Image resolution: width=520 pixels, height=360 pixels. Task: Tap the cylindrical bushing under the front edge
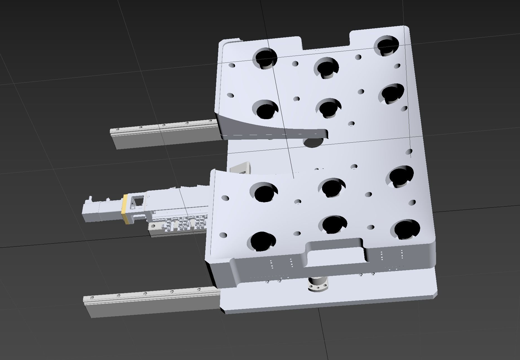click(x=318, y=285)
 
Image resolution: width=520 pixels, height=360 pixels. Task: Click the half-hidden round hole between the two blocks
click(x=313, y=143)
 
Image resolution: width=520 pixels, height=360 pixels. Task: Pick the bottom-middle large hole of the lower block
click(x=334, y=224)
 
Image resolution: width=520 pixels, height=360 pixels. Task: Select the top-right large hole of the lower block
click(x=401, y=176)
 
